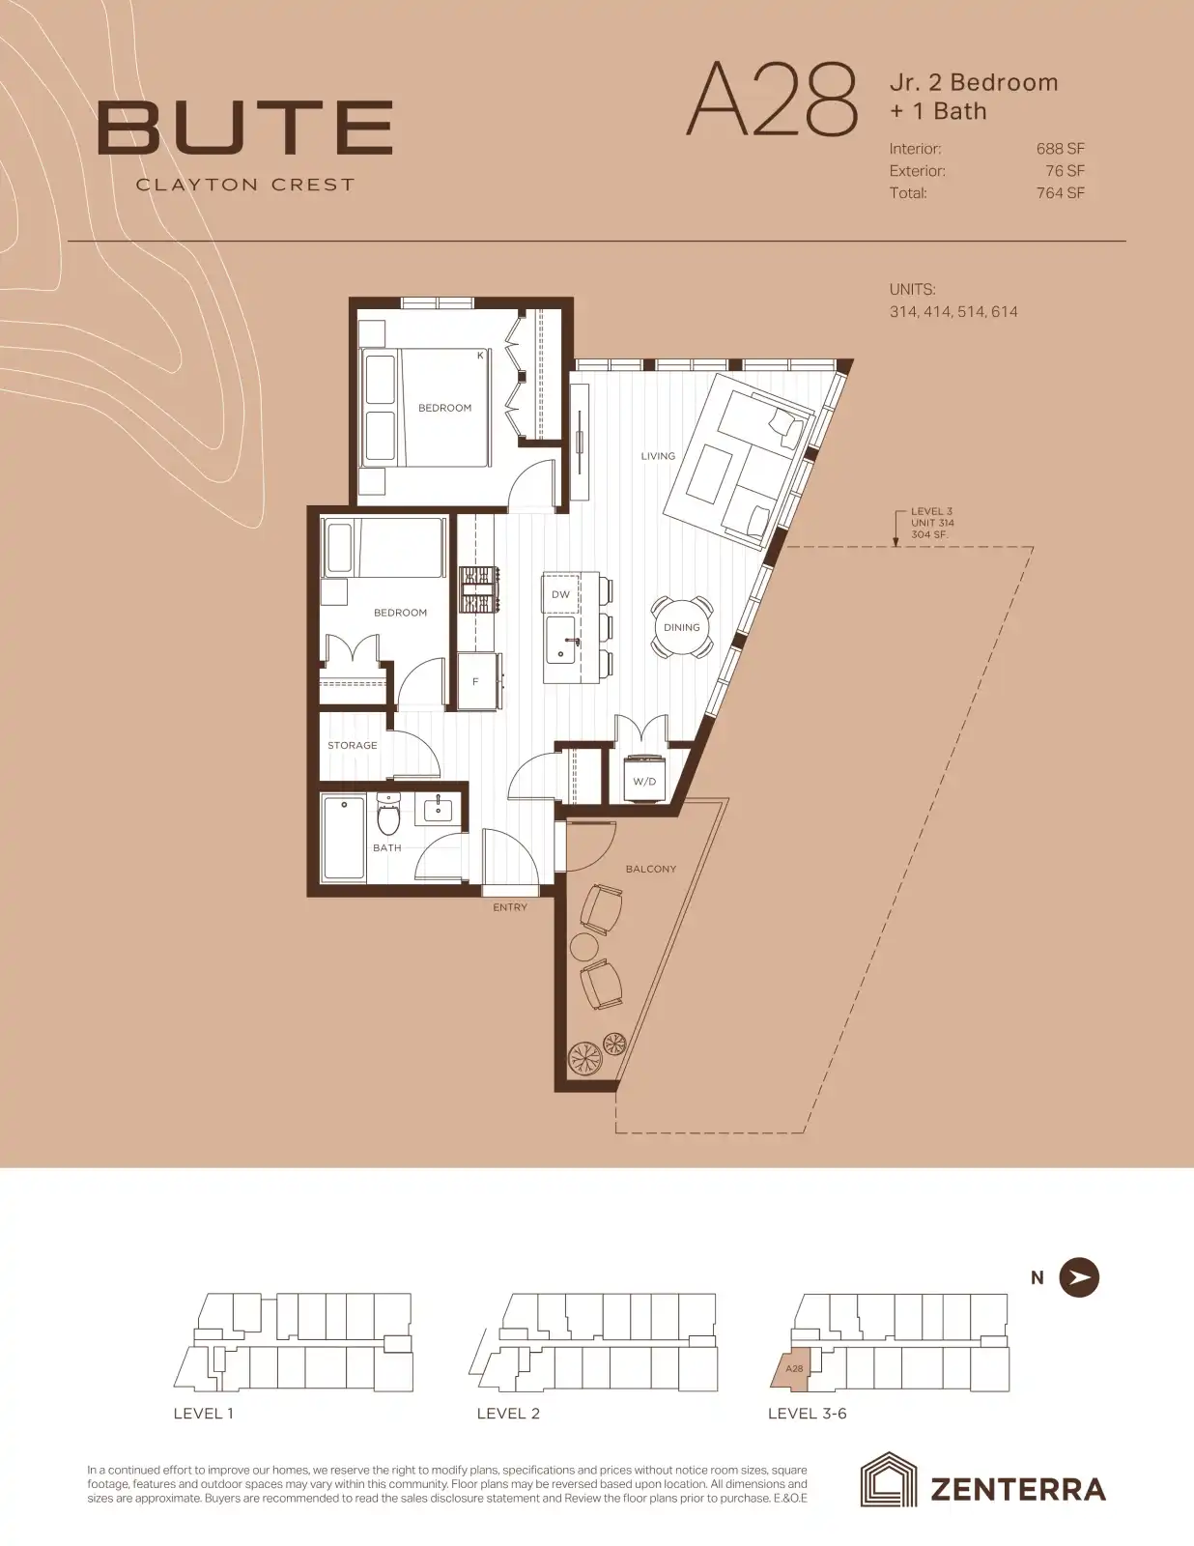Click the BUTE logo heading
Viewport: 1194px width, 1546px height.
point(244,128)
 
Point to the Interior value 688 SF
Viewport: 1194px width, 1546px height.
point(1060,149)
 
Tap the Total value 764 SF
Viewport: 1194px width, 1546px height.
point(1060,193)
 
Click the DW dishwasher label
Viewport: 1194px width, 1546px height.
point(560,594)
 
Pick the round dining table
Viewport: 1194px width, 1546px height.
point(682,627)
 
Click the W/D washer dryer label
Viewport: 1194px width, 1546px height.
point(644,781)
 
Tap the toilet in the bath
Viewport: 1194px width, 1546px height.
point(388,814)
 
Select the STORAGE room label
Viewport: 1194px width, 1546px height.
point(352,745)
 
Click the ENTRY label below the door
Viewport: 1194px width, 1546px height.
point(510,907)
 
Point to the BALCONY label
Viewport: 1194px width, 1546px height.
point(651,869)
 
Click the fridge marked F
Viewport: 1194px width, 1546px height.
point(476,681)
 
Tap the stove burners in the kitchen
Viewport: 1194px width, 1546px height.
point(479,589)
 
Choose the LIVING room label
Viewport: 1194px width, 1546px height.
point(658,456)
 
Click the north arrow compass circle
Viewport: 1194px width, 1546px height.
point(1079,1277)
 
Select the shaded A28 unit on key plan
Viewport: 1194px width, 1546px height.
point(791,1368)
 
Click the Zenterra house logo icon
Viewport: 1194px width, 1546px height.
point(888,1480)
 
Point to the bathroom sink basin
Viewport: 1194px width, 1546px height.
point(438,810)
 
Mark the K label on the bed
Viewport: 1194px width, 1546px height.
point(480,355)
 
